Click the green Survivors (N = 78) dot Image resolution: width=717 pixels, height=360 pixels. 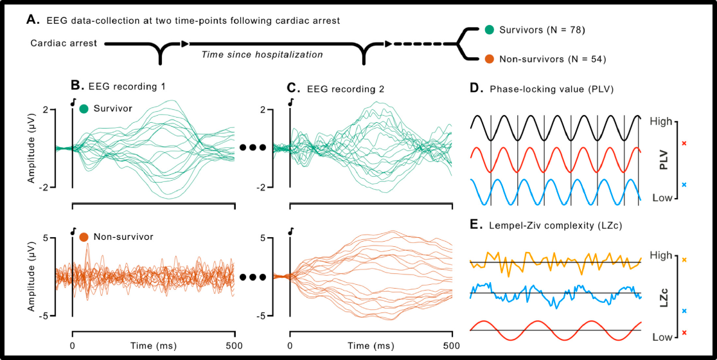coord(490,30)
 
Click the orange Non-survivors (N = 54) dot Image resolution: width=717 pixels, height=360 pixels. coord(490,59)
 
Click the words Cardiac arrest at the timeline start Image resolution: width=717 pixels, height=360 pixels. coord(64,44)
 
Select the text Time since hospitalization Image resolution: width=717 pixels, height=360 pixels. coord(262,55)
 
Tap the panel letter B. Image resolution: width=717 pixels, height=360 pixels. coord(75,85)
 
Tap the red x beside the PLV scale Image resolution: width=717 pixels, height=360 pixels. coord(684,143)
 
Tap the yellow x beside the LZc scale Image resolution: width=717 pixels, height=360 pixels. coord(684,260)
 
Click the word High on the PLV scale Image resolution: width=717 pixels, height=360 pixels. coord(661,120)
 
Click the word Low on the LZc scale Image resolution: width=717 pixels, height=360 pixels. coord(661,337)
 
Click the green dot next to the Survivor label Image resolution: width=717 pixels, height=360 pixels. coord(84,109)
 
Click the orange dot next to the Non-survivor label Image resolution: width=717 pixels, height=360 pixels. coord(84,237)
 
